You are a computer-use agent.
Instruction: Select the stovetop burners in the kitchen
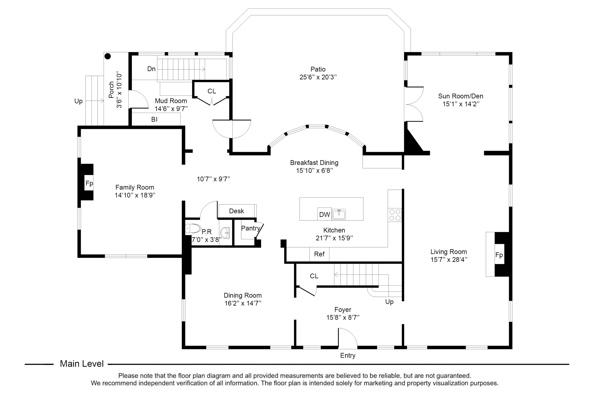(395, 215)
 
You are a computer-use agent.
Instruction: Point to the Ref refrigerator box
(319, 254)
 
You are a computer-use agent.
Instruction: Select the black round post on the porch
(108, 56)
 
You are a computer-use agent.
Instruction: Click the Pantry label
(251, 228)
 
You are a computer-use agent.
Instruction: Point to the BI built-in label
(154, 119)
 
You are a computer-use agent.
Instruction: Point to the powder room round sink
(225, 233)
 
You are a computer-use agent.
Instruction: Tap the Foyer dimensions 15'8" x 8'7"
(343, 317)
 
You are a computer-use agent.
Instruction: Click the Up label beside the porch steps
(78, 101)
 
